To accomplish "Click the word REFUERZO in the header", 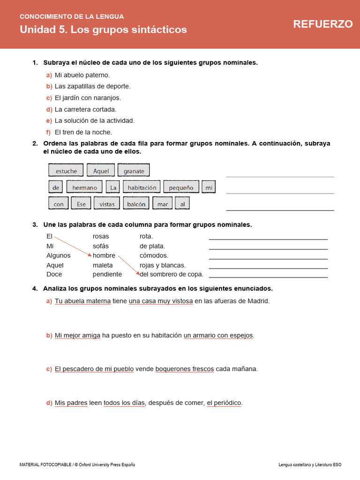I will pyautogui.click(x=323, y=24).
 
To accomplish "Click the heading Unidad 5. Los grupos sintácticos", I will pyautogui.click(x=103, y=30).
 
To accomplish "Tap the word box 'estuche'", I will pyautogui.click(x=66, y=171).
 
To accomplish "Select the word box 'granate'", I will pyautogui.click(x=134, y=171).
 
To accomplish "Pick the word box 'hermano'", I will pyautogui.click(x=84, y=187).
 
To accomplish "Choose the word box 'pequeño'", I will pyautogui.click(x=181, y=187).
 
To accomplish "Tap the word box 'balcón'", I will pyautogui.click(x=136, y=204).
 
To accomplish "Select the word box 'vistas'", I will pyautogui.click(x=107, y=204).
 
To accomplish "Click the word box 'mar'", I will pyautogui.click(x=162, y=204).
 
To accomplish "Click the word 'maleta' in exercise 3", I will pyautogui.click(x=103, y=265).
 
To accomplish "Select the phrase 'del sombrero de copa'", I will pyautogui.click(x=172, y=274).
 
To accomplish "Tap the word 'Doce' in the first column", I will pyautogui.click(x=54, y=274).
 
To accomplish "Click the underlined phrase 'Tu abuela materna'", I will pyautogui.click(x=82, y=301).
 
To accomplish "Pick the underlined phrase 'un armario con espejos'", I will pyautogui.click(x=218, y=335).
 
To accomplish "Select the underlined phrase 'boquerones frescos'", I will pyautogui.click(x=184, y=369).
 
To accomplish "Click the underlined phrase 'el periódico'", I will pyautogui.click(x=224, y=403).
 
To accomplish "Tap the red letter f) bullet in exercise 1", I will pyautogui.click(x=48, y=132).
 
